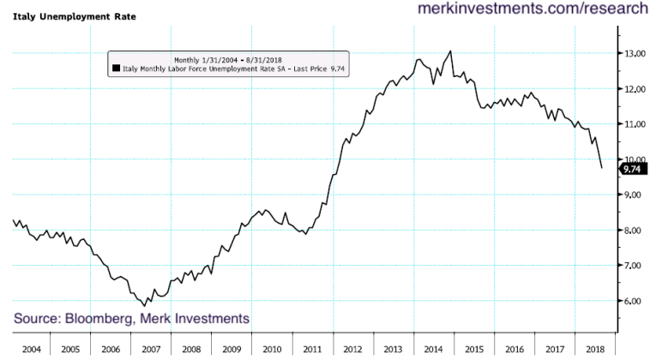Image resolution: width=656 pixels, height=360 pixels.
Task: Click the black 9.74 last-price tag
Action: pos(632,169)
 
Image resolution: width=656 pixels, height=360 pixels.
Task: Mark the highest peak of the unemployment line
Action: pos(451,51)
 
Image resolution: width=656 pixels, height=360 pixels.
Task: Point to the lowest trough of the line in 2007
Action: pos(146,305)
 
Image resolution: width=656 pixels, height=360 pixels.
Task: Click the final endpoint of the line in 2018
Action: pos(601,168)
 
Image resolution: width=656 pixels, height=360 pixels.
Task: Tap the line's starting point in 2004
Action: pos(14,220)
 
